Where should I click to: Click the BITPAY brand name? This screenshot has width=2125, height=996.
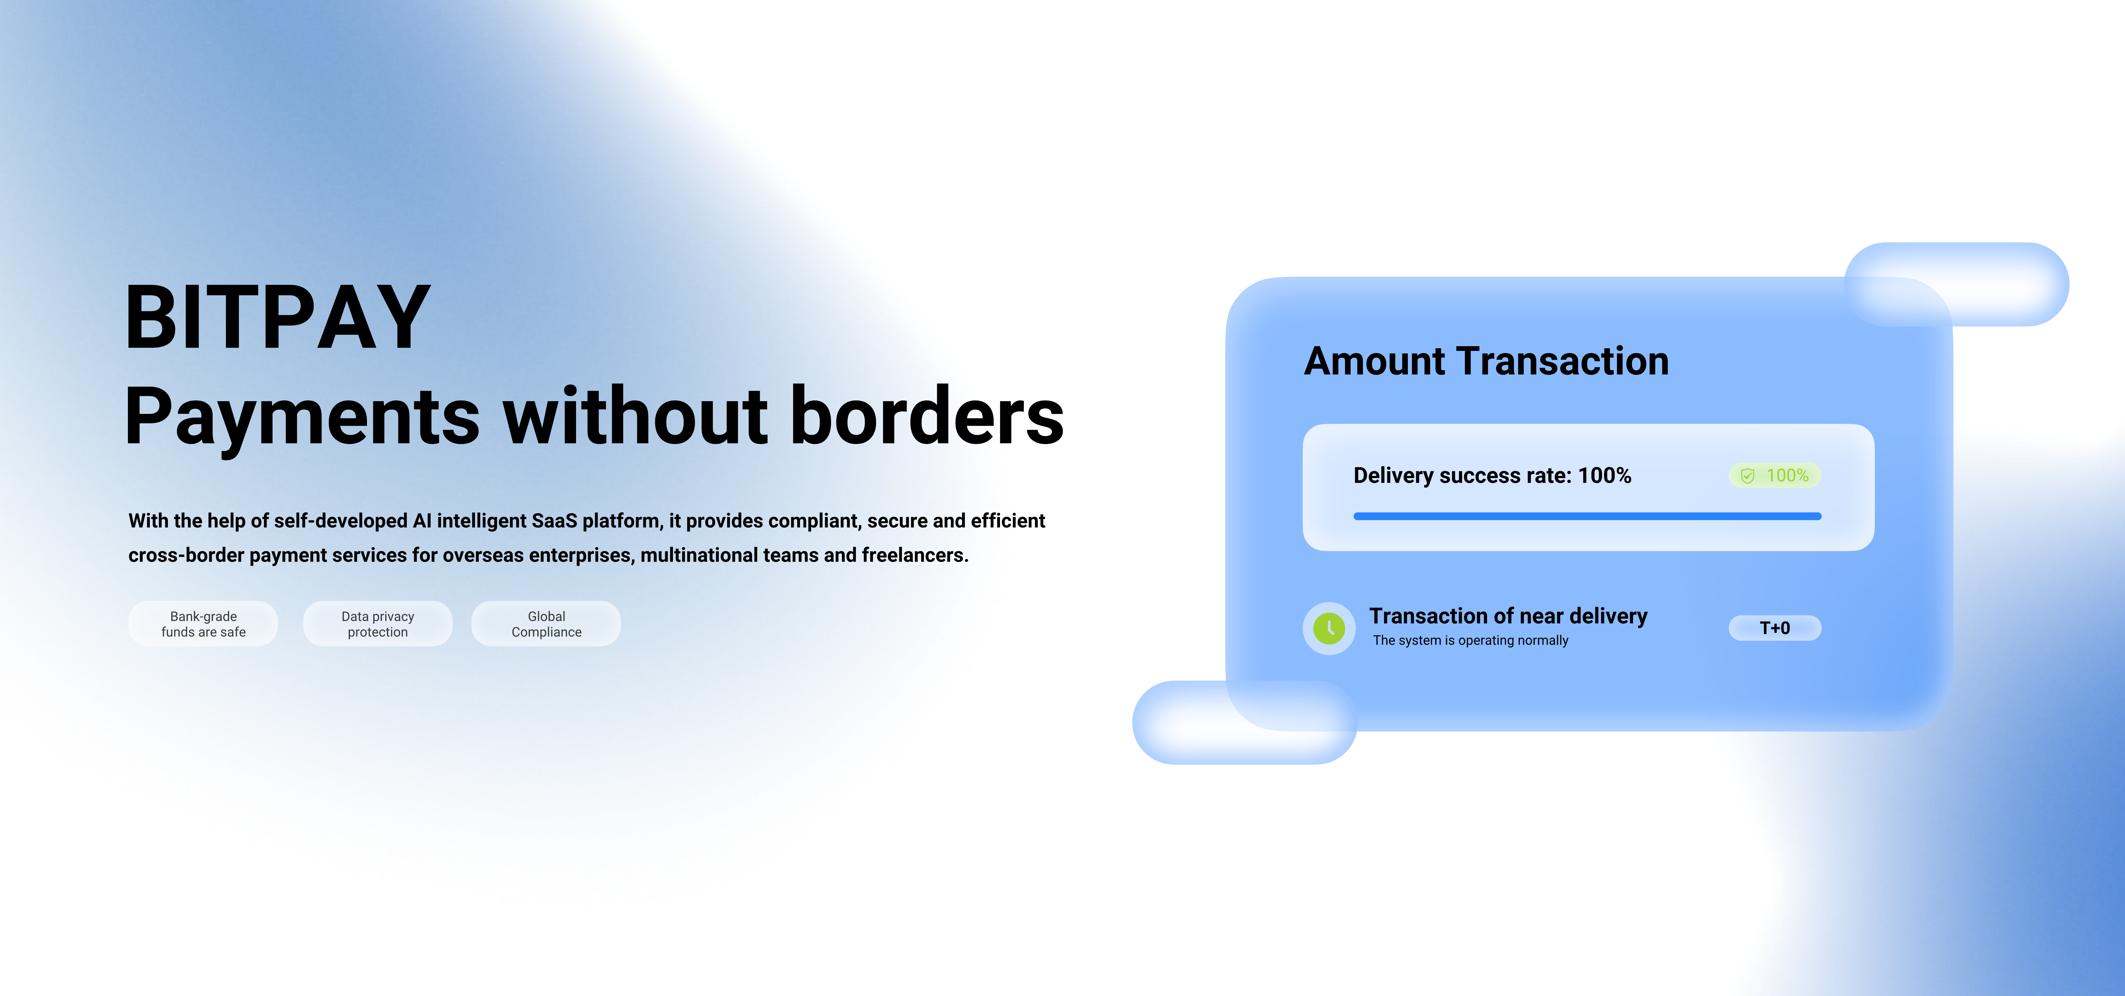click(277, 317)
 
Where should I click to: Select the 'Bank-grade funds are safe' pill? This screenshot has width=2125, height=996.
click(203, 624)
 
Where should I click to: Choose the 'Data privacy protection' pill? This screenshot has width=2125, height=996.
click(378, 624)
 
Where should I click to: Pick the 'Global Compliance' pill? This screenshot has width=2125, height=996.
click(546, 624)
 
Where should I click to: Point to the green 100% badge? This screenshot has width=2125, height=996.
click(1774, 476)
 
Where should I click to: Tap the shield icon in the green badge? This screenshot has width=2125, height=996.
click(1747, 476)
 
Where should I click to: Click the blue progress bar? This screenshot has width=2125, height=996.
click(1587, 516)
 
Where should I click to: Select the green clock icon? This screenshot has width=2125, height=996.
click(1329, 628)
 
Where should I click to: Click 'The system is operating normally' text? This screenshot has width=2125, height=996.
click(1470, 641)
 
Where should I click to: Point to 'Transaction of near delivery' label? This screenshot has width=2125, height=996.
click(1508, 616)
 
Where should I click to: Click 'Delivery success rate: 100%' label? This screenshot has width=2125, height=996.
click(1492, 476)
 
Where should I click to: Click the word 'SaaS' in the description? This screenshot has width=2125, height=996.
click(554, 521)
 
